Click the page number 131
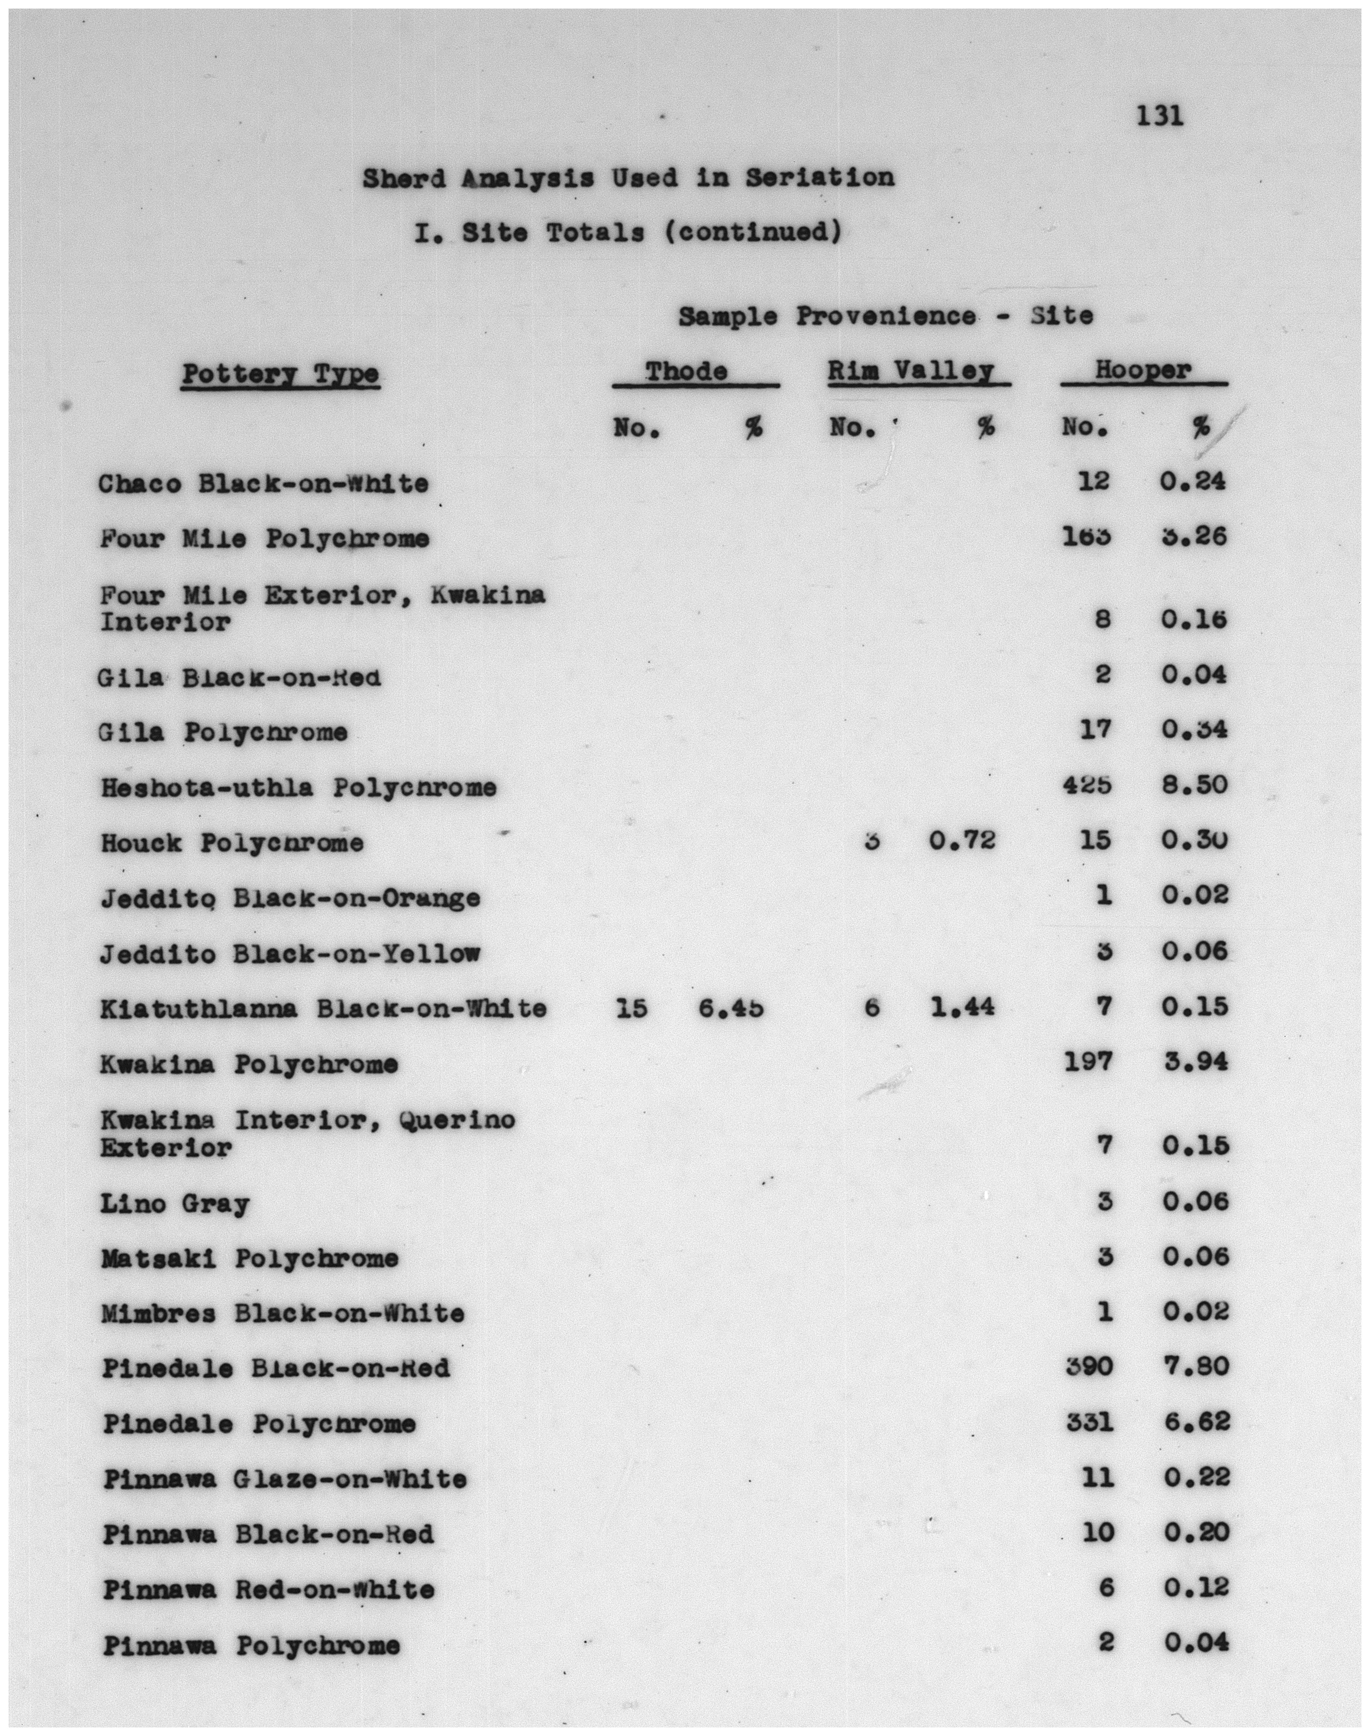click(1159, 117)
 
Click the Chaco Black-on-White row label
click(264, 484)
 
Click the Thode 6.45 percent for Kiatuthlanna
click(730, 1007)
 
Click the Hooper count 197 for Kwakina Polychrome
click(1089, 1062)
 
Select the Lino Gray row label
click(175, 1204)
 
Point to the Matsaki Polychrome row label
click(249, 1259)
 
